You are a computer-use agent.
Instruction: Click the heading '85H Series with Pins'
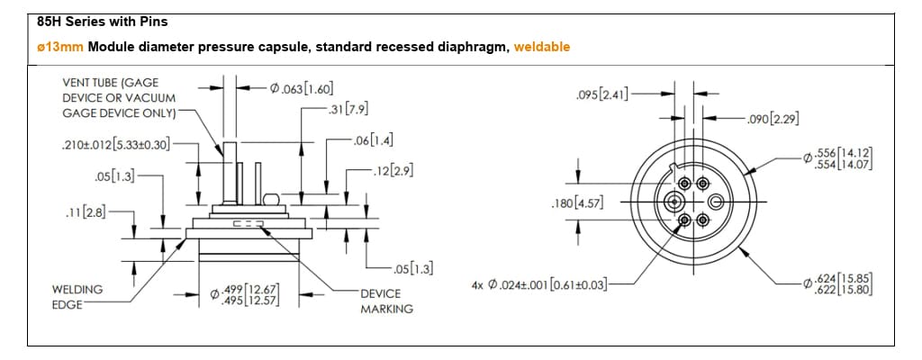[91, 20]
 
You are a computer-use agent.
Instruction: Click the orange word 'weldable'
[541, 47]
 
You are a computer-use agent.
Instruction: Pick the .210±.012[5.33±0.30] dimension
[116, 145]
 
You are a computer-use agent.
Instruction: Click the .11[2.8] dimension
[86, 211]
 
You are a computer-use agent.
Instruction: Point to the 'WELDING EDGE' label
[77, 297]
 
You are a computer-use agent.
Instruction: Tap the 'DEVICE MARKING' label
[386, 301]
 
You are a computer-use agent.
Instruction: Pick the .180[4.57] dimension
[575, 203]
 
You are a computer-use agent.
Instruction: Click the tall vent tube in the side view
[229, 171]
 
